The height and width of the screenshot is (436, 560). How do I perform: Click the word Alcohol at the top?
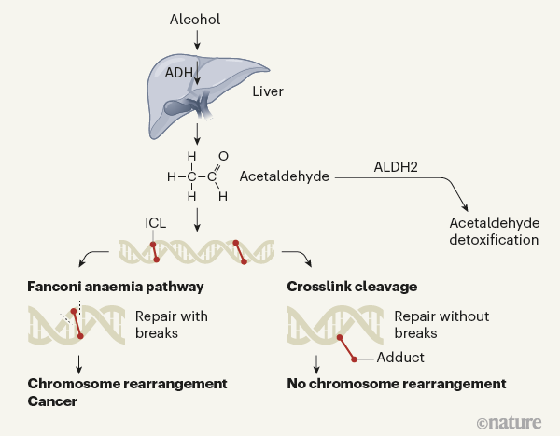pos(196,20)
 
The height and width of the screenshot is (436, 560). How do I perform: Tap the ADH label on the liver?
pos(180,72)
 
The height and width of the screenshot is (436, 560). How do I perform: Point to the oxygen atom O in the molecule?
pos(222,156)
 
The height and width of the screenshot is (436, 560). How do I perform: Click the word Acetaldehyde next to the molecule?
pos(284,176)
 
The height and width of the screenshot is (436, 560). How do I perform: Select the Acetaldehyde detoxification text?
pos(494,231)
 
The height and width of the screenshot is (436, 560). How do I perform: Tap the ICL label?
pos(156,223)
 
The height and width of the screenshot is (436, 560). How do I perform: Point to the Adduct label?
pos(401,358)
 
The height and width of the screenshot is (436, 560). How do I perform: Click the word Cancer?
pos(53,402)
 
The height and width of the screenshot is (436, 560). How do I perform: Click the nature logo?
pos(512,422)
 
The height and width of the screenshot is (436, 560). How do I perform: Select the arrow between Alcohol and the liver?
pos(197,39)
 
